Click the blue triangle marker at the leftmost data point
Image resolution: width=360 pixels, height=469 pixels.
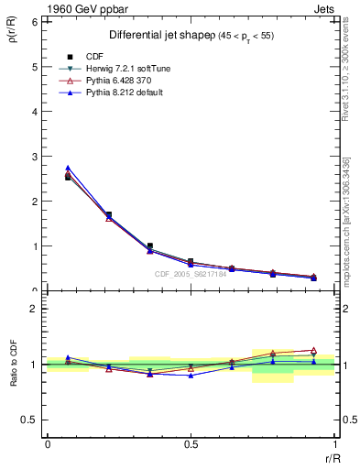(x=68, y=168)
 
